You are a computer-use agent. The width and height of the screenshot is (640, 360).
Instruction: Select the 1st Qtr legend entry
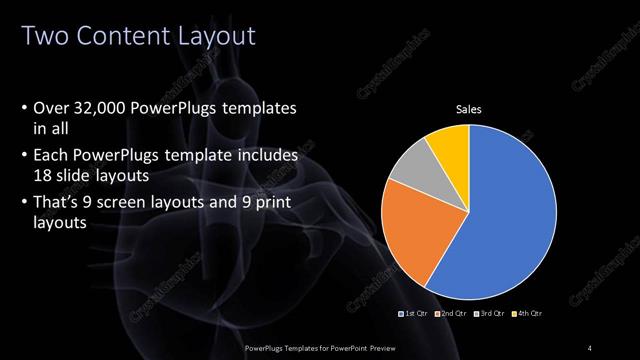tap(415, 315)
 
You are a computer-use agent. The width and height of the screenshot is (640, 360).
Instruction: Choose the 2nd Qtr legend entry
tap(454, 315)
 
